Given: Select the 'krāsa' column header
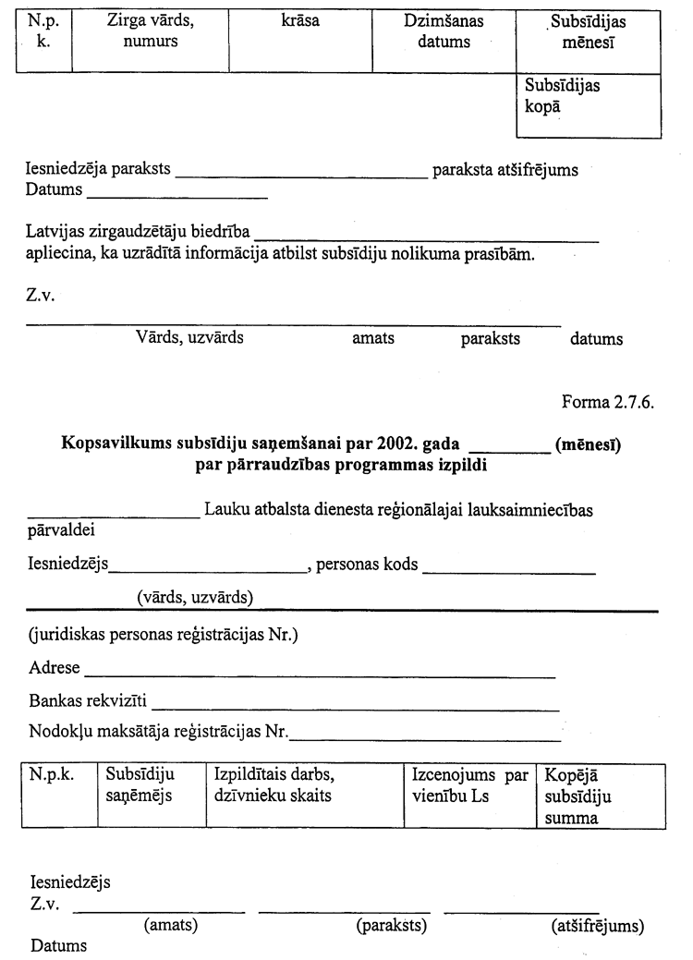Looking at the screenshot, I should [299, 20].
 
